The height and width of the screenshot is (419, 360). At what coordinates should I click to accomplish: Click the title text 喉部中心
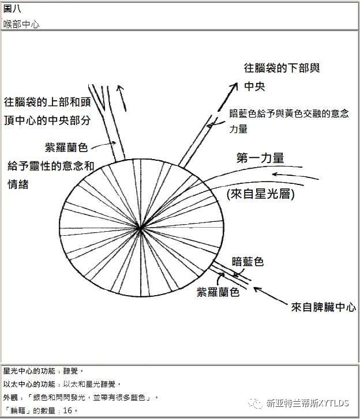[21, 25]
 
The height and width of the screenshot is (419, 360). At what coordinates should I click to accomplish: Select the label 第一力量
[260, 158]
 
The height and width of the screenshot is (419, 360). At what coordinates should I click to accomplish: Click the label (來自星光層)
[261, 195]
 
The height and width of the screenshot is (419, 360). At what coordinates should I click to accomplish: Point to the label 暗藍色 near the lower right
[247, 262]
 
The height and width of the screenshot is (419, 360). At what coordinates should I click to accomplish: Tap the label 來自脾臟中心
[324, 307]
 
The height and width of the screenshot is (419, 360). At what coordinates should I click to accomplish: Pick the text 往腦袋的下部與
[282, 68]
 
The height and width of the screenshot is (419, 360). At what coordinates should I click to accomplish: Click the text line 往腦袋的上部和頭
[47, 103]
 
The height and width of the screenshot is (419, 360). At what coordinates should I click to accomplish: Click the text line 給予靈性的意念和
[51, 166]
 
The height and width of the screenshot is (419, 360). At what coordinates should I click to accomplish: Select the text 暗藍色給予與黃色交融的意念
[289, 114]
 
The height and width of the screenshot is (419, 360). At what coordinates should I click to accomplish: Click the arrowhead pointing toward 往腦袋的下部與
[234, 86]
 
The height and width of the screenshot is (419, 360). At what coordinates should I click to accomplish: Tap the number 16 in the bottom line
[67, 410]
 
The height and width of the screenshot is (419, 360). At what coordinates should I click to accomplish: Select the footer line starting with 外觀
[79, 397]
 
